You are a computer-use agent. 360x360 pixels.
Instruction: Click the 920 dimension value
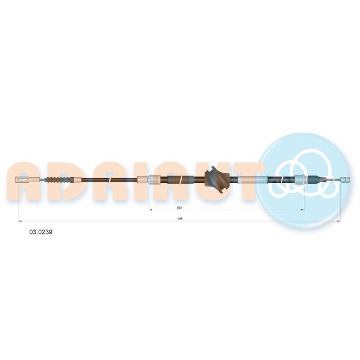point(179,207)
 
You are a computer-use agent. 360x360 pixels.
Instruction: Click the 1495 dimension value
point(179,219)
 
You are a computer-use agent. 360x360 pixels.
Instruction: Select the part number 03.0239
point(40,232)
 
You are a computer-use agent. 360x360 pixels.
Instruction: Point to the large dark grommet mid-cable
point(217,179)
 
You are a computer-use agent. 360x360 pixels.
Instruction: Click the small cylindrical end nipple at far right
point(345,180)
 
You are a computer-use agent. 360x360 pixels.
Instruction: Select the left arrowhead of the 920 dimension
point(151,210)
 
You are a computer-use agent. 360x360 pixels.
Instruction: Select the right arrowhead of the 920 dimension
point(303,210)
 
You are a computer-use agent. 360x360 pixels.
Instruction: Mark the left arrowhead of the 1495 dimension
point(20,221)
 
